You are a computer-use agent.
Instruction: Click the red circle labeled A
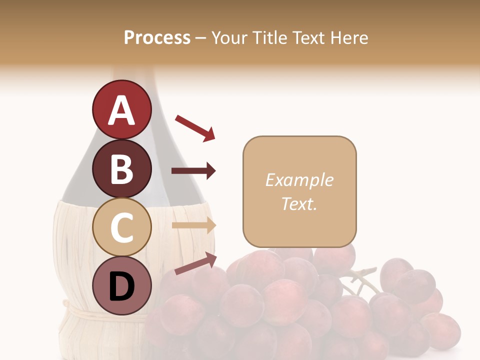pos(121,109)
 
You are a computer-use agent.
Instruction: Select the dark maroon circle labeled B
pos(121,168)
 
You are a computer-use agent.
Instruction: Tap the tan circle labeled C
pos(121,227)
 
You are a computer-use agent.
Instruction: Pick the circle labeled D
pos(121,285)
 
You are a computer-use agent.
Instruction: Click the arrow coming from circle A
pos(195,127)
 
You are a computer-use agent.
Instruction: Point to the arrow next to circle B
pos(193,171)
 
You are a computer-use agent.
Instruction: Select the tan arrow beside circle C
pos(193,225)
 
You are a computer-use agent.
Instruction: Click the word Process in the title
pos(157,37)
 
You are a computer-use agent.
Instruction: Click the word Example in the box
pos(299,180)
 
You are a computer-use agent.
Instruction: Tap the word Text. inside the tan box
pos(299,203)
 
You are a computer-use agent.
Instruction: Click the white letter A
pos(121,110)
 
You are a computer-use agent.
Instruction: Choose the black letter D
pos(121,286)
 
